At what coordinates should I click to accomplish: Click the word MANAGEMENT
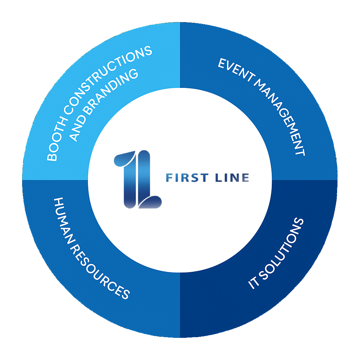pyautogui.click(x=282, y=116)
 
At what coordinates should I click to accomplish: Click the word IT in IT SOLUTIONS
pyautogui.click(x=253, y=283)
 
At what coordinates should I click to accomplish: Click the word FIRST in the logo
pyautogui.click(x=186, y=178)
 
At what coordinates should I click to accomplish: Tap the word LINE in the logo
pyautogui.click(x=232, y=178)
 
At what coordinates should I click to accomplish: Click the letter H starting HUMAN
pyautogui.click(x=58, y=203)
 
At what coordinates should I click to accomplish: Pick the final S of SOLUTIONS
pyautogui.click(x=298, y=223)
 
